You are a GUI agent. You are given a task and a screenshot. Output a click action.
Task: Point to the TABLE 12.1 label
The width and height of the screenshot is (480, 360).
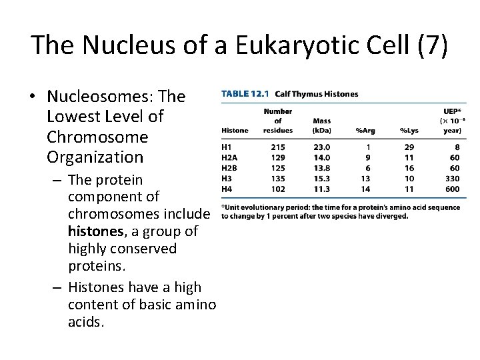pos(244,94)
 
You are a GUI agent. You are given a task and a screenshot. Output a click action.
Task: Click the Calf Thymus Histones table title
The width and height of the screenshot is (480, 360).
pos(315,94)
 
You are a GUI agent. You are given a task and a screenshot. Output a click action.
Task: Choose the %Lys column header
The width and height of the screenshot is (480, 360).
pos(409,131)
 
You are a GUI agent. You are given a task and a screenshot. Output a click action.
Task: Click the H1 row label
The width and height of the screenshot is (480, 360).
pos(227,147)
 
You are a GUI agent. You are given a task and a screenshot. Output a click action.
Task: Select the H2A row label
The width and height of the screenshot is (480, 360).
pos(230,157)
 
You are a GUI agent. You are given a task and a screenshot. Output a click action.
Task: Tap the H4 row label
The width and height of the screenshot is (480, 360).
pos(227,189)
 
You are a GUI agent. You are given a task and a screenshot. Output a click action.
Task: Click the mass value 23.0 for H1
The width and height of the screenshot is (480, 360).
pos(321,147)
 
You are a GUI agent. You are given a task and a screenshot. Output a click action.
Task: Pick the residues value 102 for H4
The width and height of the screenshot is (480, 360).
pos(277,189)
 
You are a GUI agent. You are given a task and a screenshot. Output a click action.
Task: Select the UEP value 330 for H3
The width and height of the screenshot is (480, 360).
pos(453,179)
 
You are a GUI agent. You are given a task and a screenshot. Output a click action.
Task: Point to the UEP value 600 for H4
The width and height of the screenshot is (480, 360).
pos(453,189)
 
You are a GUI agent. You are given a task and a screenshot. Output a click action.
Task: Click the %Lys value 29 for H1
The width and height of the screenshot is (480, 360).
pos(409,147)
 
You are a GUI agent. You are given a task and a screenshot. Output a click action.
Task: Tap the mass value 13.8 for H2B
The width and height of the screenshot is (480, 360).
pos(321,168)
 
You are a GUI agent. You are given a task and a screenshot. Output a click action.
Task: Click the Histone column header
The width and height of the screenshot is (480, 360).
pos(235,131)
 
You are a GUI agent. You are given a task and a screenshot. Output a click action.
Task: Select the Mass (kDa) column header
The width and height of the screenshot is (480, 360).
pos(321,125)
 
